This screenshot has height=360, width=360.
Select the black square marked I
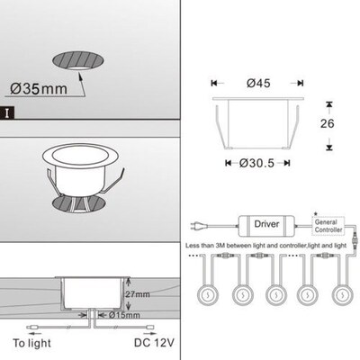tap(8, 113)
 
